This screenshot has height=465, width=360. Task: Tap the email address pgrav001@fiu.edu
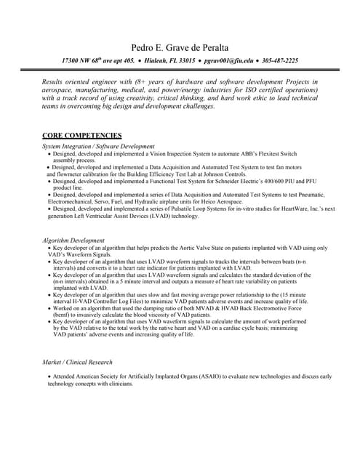(x=228, y=61)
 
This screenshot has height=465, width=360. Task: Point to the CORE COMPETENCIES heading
(x=82, y=136)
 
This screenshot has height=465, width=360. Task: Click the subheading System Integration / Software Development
(x=98, y=147)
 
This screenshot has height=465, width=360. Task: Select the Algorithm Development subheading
(x=73, y=240)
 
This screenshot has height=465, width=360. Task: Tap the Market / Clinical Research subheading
(x=78, y=362)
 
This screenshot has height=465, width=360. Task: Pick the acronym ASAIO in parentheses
(x=209, y=376)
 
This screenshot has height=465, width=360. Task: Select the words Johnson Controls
(x=220, y=175)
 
